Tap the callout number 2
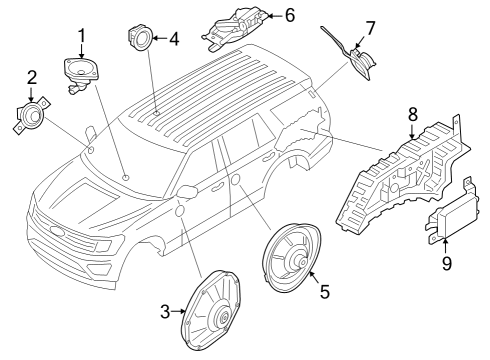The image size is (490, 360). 32,76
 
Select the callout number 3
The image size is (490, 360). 166,313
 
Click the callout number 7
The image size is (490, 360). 370,26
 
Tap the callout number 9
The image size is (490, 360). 447,263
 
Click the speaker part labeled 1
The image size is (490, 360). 81,73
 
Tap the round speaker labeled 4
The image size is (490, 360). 139,38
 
